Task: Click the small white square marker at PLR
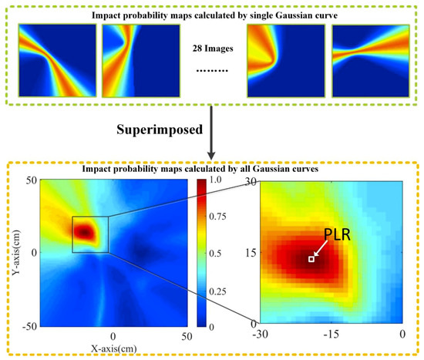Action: [311, 259]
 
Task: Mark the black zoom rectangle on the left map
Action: [90, 234]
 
